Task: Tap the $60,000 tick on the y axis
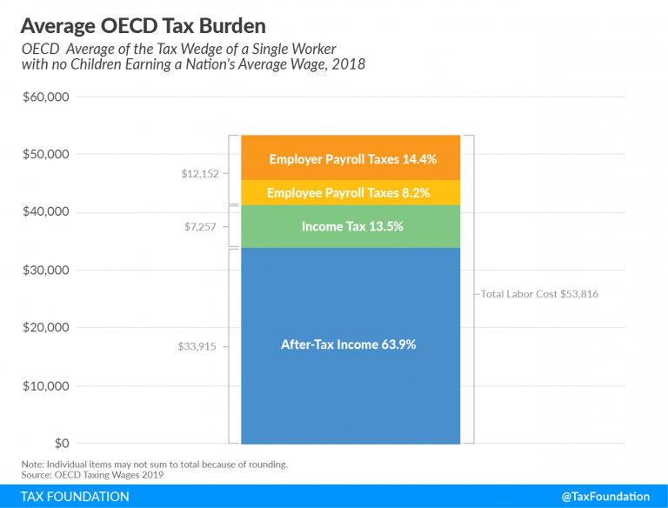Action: click(x=46, y=97)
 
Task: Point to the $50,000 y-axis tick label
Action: click(x=46, y=154)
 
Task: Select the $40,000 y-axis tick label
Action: click(x=46, y=212)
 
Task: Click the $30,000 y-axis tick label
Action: click(x=46, y=270)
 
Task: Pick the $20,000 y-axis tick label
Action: click(x=46, y=328)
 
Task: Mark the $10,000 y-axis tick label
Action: click(x=46, y=385)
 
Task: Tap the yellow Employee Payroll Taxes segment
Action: click(x=351, y=192)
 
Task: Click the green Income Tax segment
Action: click(x=351, y=226)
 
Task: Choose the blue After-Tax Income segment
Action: click(x=350, y=344)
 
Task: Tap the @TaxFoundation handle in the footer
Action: click(x=605, y=497)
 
